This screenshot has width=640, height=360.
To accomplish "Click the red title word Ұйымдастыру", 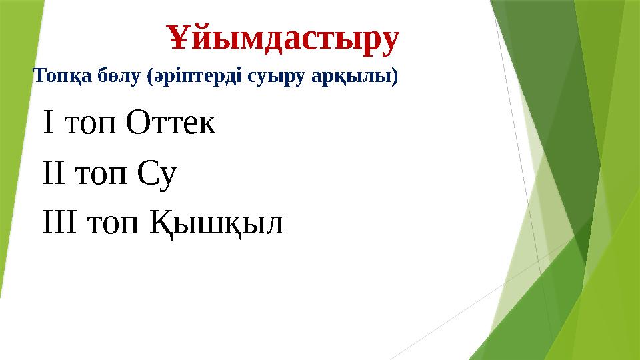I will pos(283,39).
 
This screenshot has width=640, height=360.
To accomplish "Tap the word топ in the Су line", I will pos(101,175).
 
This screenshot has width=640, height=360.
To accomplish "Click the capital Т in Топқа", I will pos(39,77).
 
